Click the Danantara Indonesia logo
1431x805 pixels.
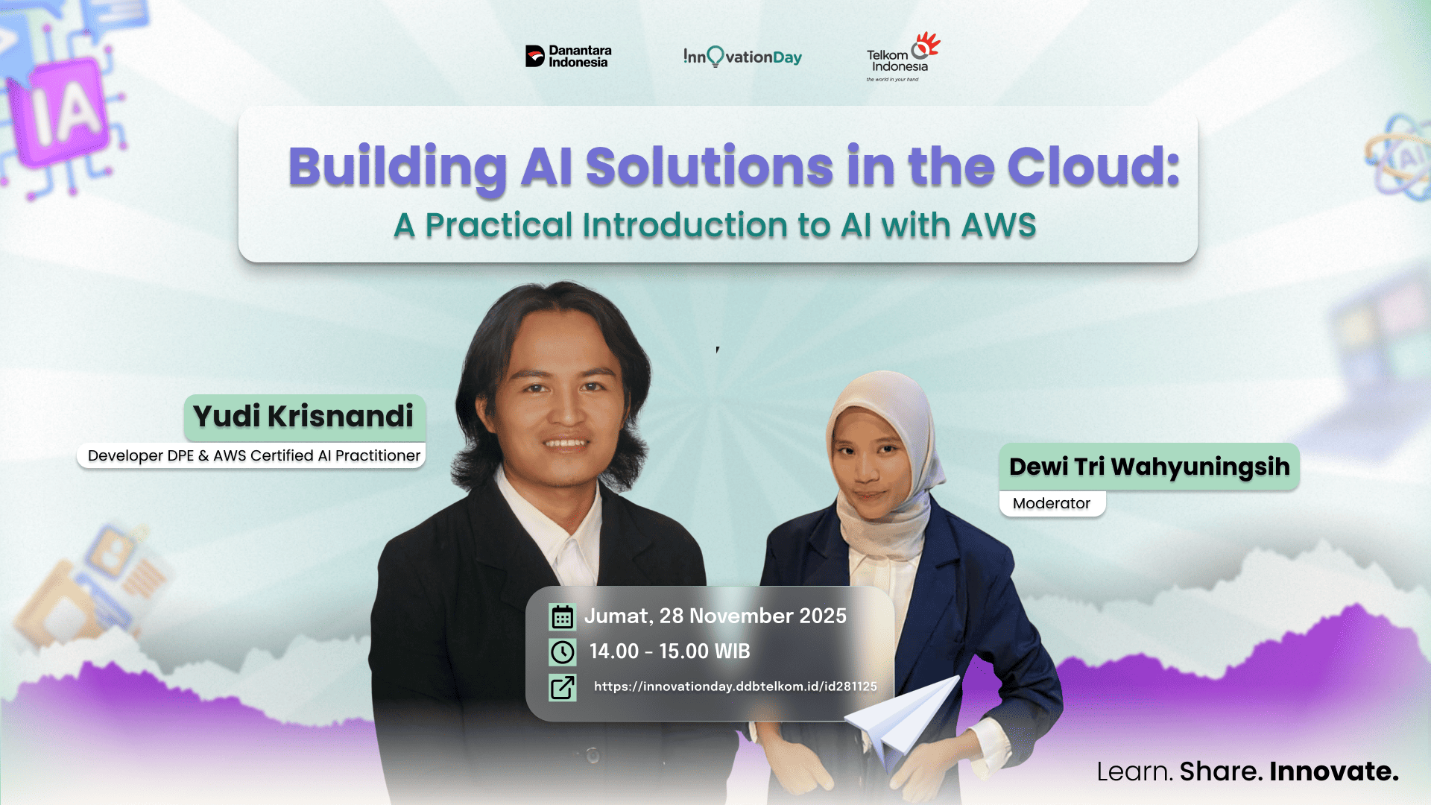point(568,57)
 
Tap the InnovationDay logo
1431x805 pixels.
point(742,57)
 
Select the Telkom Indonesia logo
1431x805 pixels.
point(902,57)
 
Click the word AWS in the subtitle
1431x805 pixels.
point(999,225)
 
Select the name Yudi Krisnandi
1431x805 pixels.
point(303,416)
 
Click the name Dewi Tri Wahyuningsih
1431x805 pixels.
point(1149,467)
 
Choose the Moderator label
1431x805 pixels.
point(1051,503)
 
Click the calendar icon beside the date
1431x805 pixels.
point(562,617)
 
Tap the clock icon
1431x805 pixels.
point(562,652)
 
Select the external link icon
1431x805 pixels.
point(562,687)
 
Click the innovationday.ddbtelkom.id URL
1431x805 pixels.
point(735,686)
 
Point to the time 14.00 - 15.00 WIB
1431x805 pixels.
point(669,651)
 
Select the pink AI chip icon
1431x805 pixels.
point(66,112)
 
